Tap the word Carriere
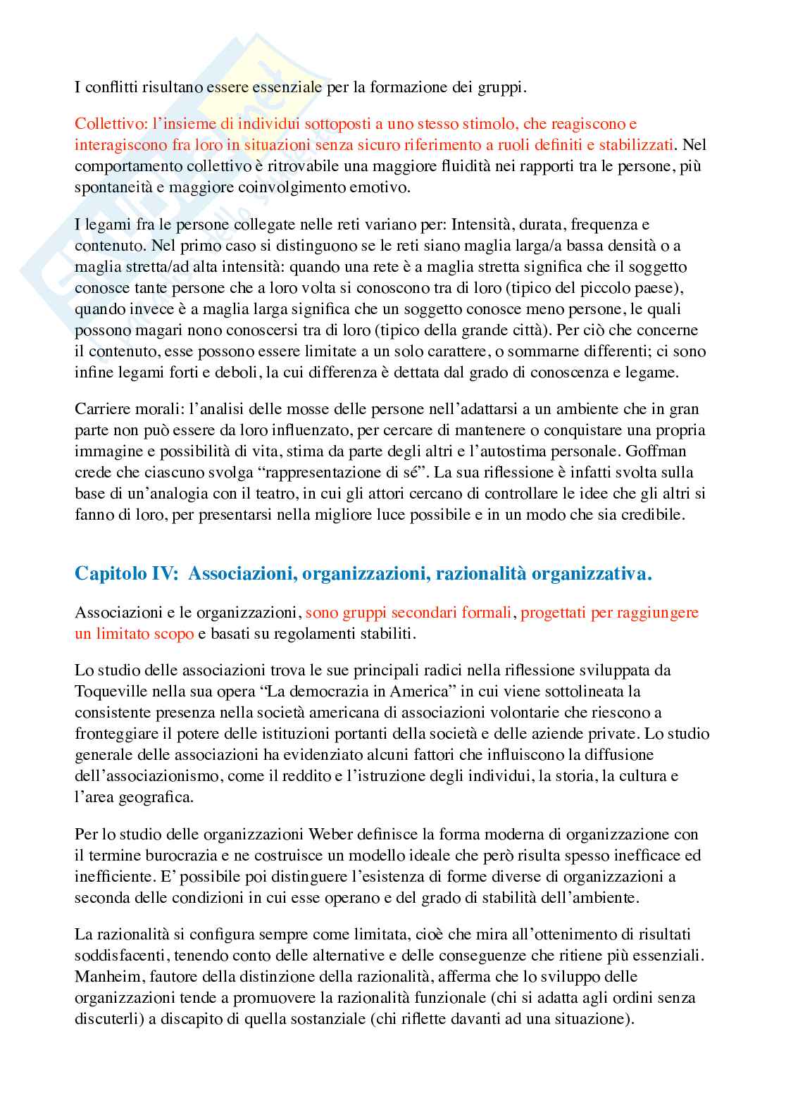(x=100, y=408)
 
